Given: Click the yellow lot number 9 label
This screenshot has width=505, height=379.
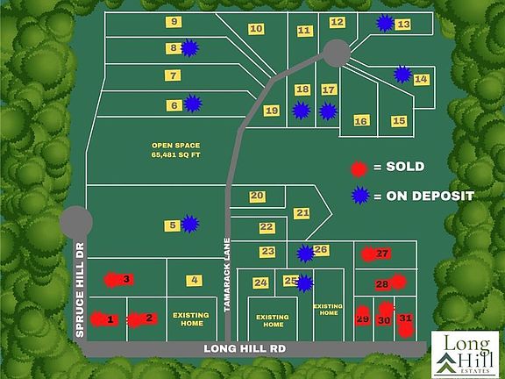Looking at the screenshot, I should point(174,21).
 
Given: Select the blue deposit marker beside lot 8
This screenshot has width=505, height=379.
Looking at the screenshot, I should point(189,49).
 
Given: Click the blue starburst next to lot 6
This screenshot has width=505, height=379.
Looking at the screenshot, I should point(192,104).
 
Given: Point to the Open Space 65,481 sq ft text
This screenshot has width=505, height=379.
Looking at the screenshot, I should point(175,150).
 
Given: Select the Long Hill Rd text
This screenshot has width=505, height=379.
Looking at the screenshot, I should point(246,348).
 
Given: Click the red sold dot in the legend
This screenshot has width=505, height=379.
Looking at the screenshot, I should point(358,168).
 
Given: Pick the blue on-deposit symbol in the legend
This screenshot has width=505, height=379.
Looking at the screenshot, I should point(358,196).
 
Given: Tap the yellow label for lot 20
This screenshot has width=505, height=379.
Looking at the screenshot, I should point(257,196).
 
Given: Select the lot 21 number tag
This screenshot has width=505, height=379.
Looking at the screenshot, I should point(302,212).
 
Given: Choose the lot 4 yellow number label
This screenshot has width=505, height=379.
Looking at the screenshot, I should point(194,280).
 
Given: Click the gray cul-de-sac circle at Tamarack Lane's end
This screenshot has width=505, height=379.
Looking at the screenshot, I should point(336,52).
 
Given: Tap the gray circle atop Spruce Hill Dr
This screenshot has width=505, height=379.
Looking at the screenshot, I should point(77,220).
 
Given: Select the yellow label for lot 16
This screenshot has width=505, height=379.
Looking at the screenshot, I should point(360,121).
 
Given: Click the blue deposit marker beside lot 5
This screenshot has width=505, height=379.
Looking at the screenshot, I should point(189,225).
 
